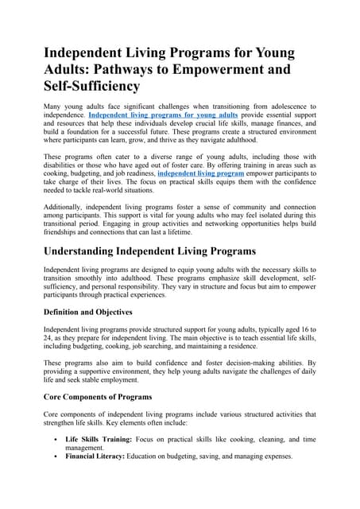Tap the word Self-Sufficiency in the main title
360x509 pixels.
pyautogui.click(x=91, y=85)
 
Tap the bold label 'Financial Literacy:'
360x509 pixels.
pyautogui.click(x=98, y=457)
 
